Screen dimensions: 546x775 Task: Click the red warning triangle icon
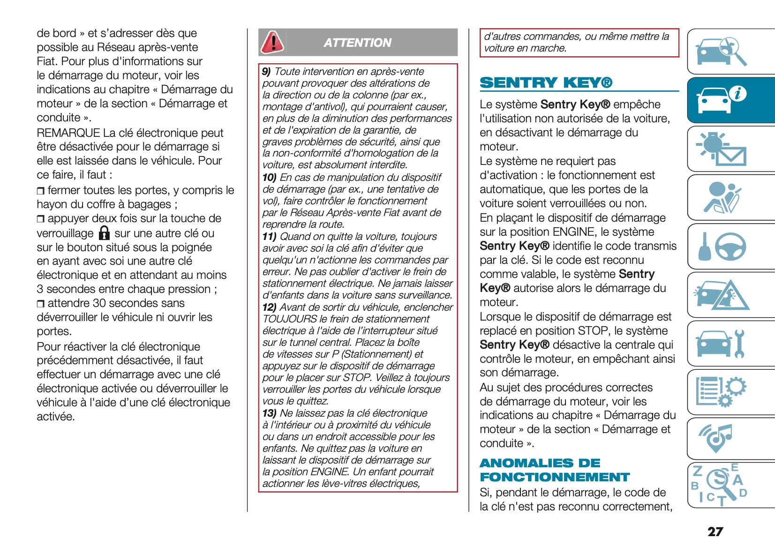click(272, 42)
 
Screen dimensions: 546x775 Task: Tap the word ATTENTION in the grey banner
click(357, 43)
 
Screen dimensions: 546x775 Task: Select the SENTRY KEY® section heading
click(546, 83)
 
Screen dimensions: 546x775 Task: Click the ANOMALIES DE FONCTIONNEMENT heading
click(555, 470)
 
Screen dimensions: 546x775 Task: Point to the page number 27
click(715, 531)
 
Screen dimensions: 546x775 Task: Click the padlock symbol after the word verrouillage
click(104, 233)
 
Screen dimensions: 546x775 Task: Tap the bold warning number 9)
click(266, 72)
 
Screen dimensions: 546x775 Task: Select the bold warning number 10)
click(269, 178)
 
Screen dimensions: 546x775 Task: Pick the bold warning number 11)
click(269, 237)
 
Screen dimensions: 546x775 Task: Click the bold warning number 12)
click(269, 307)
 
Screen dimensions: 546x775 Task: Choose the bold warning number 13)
click(269, 413)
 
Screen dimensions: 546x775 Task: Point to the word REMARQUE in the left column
click(68, 133)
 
